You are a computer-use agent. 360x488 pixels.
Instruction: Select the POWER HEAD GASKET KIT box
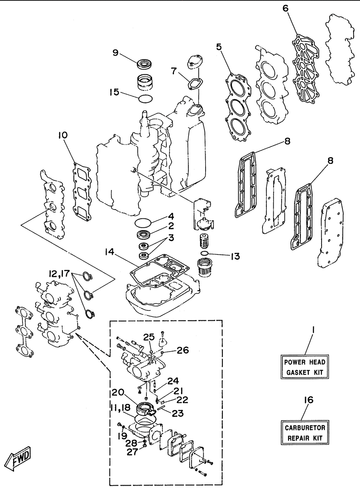304,367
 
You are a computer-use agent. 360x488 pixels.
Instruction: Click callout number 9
116,53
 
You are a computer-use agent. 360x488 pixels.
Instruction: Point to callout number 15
114,92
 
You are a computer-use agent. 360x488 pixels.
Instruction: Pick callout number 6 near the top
286,8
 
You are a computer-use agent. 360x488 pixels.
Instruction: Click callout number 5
219,47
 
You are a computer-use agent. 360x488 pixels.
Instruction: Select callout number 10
63,135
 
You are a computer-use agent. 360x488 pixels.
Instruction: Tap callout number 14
109,252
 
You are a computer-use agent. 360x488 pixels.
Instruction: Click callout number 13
235,256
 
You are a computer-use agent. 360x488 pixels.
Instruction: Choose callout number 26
183,350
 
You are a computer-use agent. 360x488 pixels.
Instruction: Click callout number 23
178,413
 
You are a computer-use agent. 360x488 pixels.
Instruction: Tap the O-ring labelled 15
146,98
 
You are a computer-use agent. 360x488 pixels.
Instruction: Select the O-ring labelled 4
143,223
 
